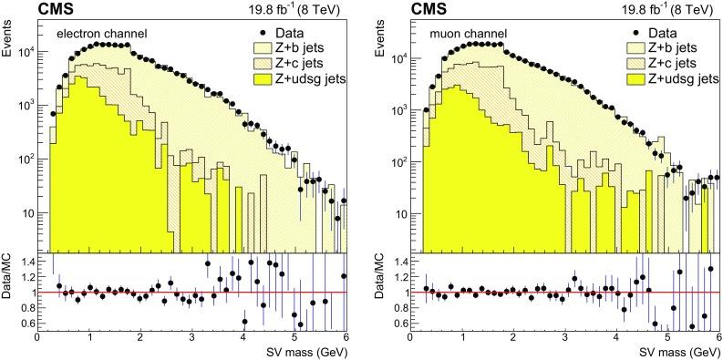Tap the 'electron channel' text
point(102,35)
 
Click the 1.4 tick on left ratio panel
point(24,261)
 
